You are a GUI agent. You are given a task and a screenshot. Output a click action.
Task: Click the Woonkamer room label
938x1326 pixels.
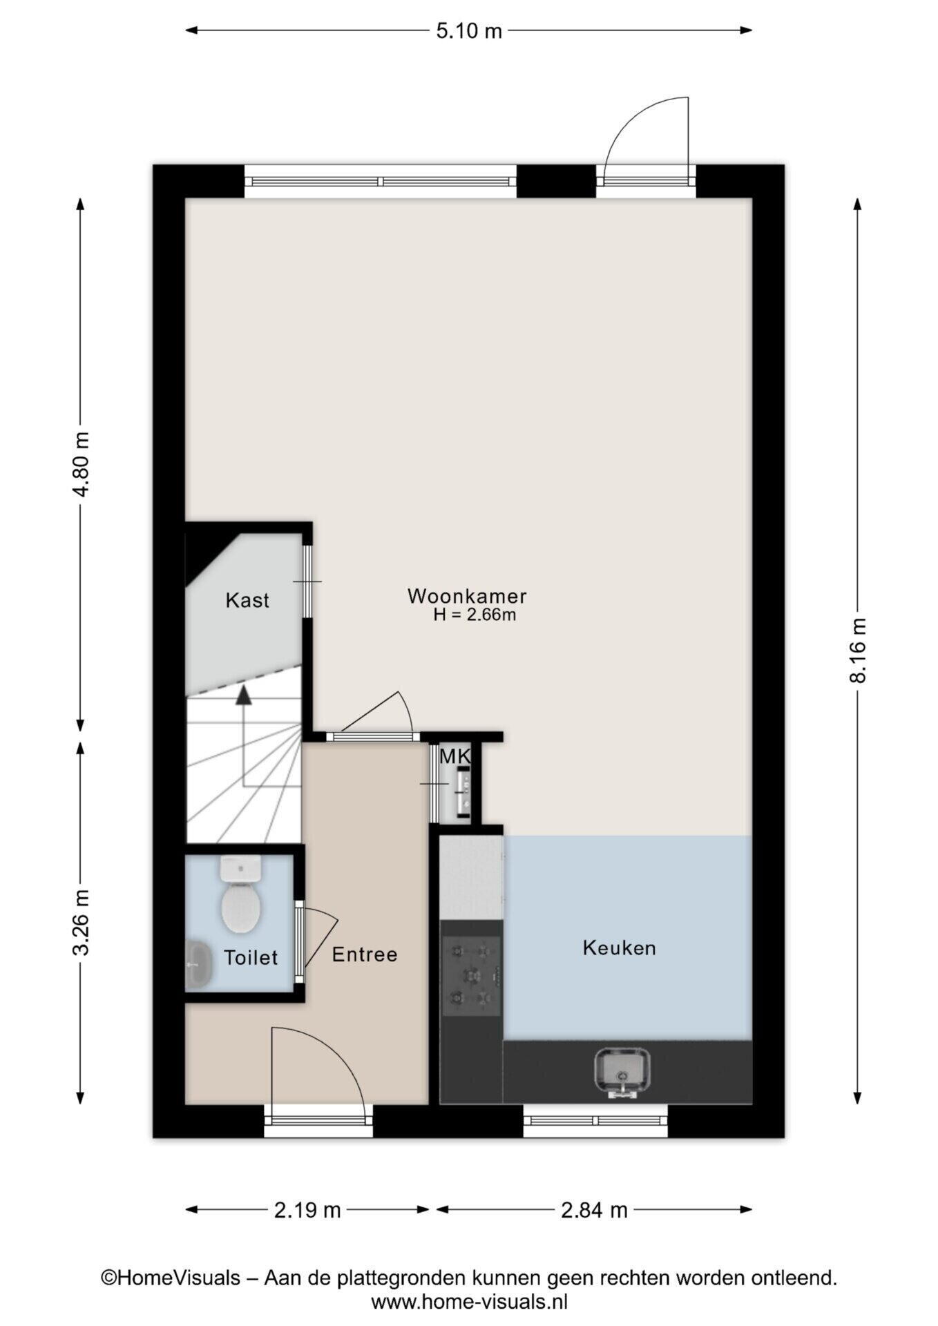coord(467,596)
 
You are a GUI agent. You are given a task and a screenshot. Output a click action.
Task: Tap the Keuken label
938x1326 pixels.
coord(619,948)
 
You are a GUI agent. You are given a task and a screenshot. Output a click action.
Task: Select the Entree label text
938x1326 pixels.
coord(365,954)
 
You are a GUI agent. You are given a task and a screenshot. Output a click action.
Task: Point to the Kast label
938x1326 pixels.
coord(247,600)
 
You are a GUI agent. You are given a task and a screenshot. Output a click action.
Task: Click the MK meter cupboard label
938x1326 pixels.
coord(454,756)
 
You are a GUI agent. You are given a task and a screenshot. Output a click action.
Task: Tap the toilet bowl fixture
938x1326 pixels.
coord(240,894)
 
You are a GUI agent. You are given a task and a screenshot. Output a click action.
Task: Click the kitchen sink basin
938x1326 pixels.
coord(622,1072)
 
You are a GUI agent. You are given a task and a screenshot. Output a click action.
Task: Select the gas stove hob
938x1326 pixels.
coord(471,975)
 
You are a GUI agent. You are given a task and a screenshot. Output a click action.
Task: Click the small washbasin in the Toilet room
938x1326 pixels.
coord(198,964)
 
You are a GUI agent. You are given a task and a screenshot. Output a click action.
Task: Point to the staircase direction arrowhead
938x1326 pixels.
coord(243,695)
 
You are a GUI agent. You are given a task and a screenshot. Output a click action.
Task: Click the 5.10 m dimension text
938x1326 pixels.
coord(469,31)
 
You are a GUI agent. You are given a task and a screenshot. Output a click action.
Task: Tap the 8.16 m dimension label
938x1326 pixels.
coord(858,650)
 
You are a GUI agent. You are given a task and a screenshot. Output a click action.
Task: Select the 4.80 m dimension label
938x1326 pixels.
coord(81,464)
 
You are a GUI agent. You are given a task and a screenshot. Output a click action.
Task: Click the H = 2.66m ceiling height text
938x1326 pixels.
coord(475,615)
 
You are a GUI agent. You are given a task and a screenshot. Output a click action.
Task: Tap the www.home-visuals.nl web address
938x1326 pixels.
coord(469,1303)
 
